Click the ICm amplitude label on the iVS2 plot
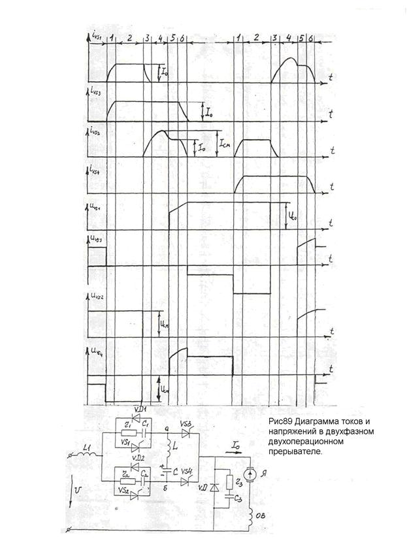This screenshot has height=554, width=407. (224, 142)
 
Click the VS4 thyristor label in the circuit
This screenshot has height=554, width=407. (187, 471)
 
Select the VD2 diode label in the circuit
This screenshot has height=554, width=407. (138, 459)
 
